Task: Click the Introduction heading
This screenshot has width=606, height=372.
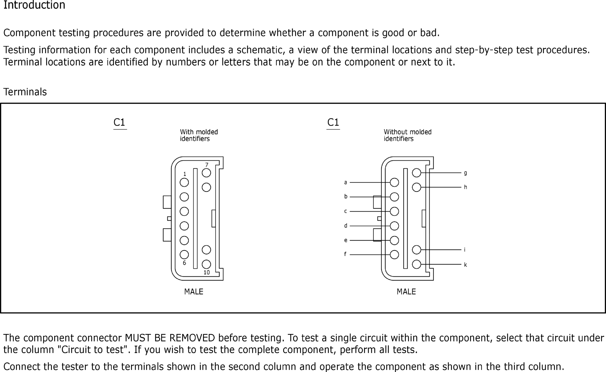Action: point(34,5)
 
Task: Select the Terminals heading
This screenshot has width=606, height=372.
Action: point(25,92)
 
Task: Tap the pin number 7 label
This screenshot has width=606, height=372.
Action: point(207,165)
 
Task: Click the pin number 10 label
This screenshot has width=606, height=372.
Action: point(207,273)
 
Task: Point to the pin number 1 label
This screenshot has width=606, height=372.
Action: point(185,174)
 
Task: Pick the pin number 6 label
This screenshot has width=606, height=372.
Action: point(184,263)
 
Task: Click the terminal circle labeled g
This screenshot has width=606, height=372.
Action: point(417,173)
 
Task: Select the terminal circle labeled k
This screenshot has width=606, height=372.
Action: point(417,264)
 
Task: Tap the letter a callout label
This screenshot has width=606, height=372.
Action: point(346,182)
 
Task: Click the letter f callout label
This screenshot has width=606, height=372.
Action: point(345,254)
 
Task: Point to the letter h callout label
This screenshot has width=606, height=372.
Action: point(465,187)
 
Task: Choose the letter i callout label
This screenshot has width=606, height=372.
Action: point(465,250)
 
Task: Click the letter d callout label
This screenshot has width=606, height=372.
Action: point(346,226)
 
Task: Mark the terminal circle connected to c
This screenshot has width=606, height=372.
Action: point(394,211)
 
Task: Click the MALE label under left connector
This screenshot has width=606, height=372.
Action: point(193,292)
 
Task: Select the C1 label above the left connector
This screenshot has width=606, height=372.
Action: point(119,122)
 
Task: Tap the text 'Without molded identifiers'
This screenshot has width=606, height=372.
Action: point(407,135)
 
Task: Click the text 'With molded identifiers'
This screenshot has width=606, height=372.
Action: point(199,135)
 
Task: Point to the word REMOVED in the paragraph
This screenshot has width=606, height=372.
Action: point(192,338)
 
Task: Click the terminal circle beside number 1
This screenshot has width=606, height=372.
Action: point(184,183)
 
